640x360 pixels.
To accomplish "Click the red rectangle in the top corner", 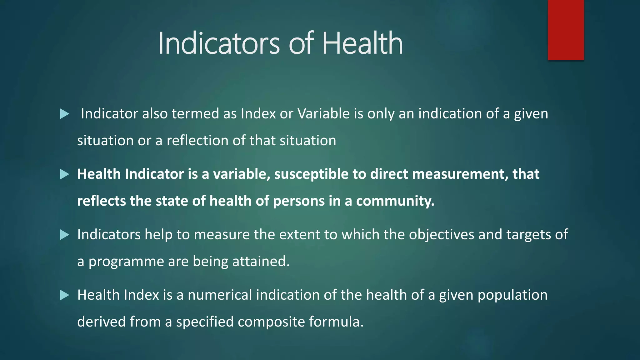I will [566, 30].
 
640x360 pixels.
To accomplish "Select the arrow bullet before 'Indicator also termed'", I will [64, 114].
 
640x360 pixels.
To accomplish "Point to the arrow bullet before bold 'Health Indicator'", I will [64, 174].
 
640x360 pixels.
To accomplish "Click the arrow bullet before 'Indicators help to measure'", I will [64, 235].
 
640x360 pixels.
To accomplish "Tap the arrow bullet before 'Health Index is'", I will [64, 295].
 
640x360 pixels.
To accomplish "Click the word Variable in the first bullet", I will [323, 114].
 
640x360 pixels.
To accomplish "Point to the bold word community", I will [395, 201].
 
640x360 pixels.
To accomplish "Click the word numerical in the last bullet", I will [220, 295].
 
